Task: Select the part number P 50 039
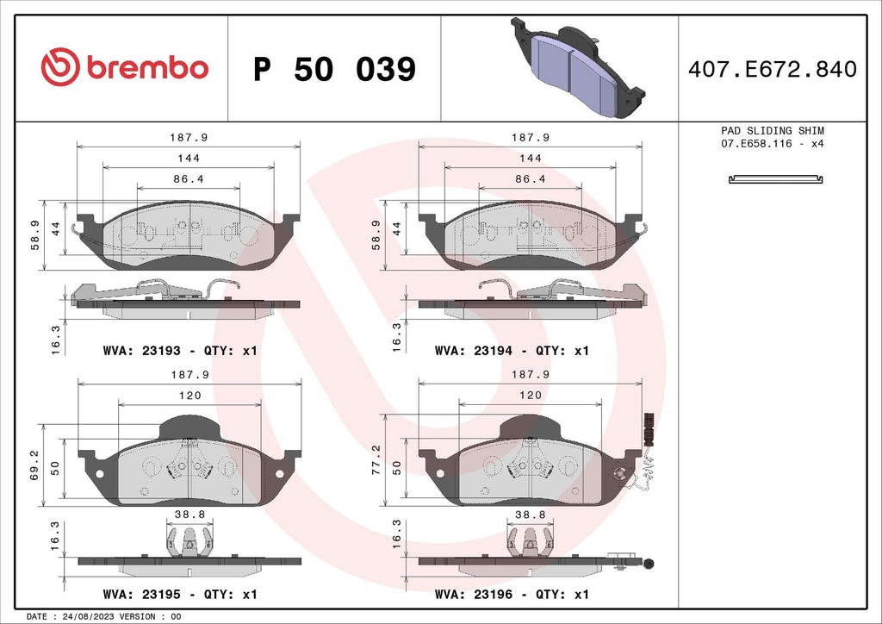click(334, 69)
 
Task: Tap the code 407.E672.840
click(772, 69)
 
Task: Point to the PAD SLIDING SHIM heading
click(772, 130)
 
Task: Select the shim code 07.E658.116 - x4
click(772, 143)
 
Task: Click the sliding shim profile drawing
click(776, 179)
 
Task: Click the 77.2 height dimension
click(376, 460)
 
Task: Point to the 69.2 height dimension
click(34, 463)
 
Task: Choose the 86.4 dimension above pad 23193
click(189, 179)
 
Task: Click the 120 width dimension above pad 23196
click(530, 395)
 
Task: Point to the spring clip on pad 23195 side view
click(189, 544)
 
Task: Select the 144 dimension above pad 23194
click(531, 158)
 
